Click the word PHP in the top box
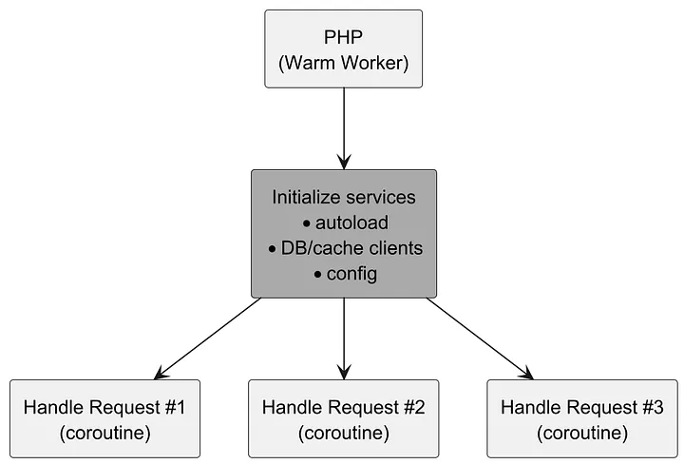coord(343,38)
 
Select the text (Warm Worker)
coord(343,64)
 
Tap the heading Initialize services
coord(343,197)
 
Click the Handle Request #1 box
coord(104,419)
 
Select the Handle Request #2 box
coord(343,419)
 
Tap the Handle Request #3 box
coord(581,419)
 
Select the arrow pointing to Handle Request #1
coord(209,338)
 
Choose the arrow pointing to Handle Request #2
coord(343,338)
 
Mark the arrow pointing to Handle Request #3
coord(479,338)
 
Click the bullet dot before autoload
coord(307,223)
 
